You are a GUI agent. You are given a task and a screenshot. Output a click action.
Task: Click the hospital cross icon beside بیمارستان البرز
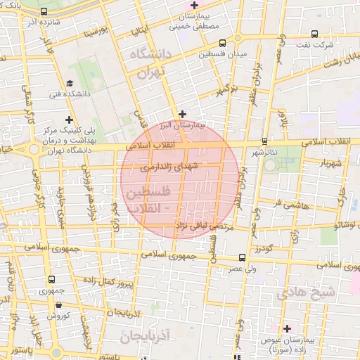click(x=182, y=113)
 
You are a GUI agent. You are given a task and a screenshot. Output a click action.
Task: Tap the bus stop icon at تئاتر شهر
click(x=264, y=141)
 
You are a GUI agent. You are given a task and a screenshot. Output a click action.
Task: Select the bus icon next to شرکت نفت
click(x=314, y=33)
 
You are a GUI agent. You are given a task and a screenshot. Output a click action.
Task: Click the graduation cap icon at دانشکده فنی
click(x=70, y=84)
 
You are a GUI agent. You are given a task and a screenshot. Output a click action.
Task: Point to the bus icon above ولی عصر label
click(x=242, y=258)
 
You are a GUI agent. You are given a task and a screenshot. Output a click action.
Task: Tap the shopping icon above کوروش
click(x=57, y=304)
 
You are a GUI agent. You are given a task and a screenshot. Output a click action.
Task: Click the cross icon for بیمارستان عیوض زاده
click(x=287, y=328)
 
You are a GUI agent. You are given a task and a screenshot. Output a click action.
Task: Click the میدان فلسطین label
click(x=221, y=54)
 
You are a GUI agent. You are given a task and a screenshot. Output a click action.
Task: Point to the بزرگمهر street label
click(x=223, y=89)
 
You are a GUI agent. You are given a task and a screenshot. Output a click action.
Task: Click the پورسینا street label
click(x=96, y=32)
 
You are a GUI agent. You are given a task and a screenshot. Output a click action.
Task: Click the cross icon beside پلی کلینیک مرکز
click(x=68, y=120)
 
